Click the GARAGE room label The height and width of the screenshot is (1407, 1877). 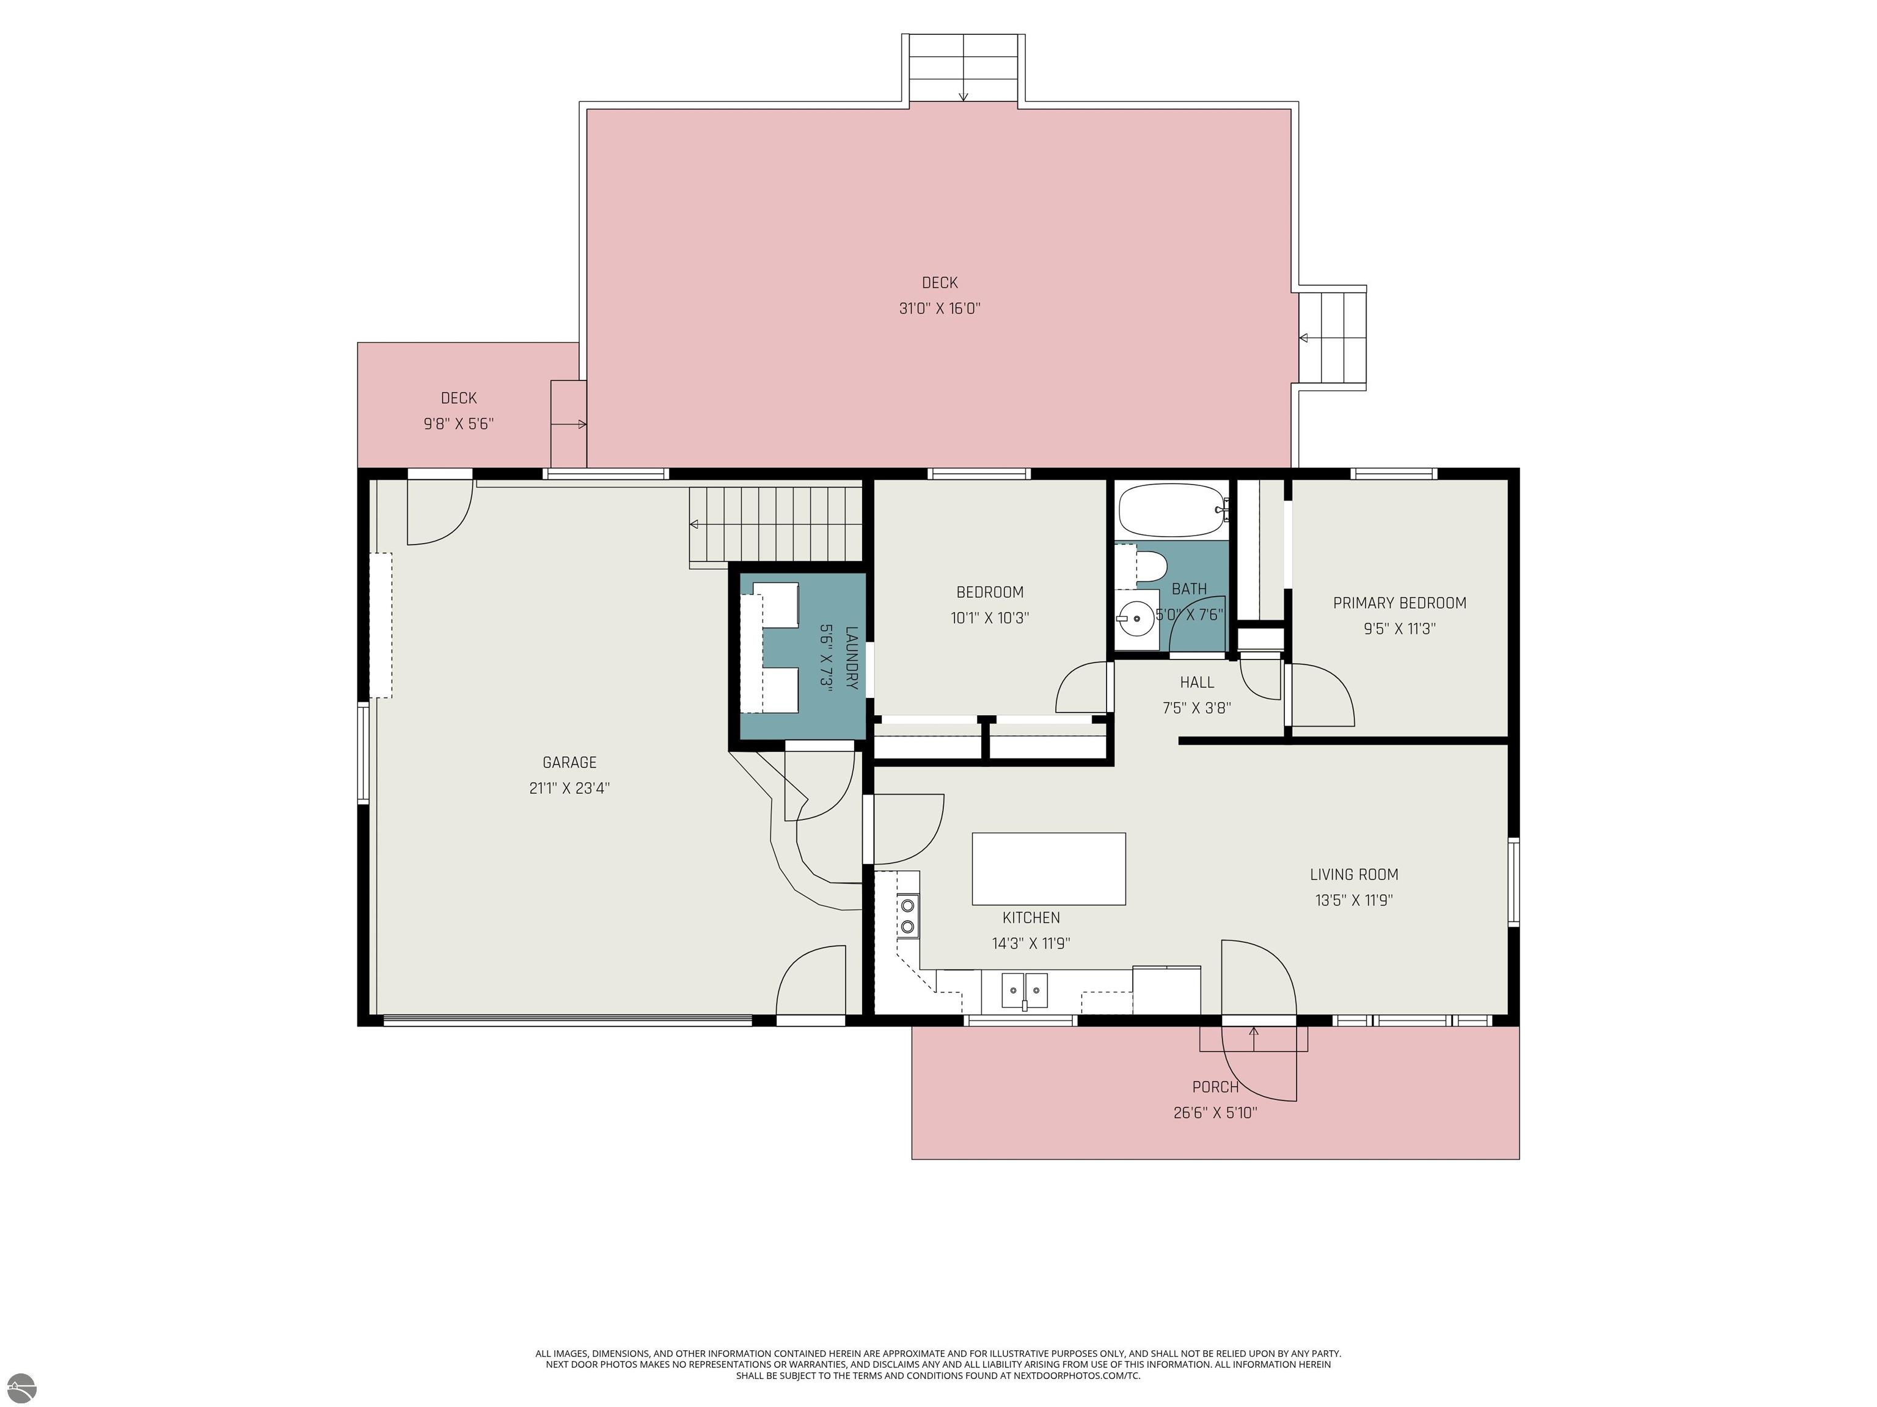[x=569, y=763]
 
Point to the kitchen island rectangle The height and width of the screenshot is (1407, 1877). [x=1049, y=868]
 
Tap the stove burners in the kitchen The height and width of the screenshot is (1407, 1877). [x=908, y=916]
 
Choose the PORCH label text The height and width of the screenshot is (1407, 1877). [x=1215, y=1086]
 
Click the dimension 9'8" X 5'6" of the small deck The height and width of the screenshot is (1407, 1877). [x=458, y=423]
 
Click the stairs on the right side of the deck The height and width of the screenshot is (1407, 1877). [x=1332, y=338]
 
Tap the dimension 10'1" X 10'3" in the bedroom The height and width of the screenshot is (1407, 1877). [x=989, y=618]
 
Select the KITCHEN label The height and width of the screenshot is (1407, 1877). [x=1031, y=918]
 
